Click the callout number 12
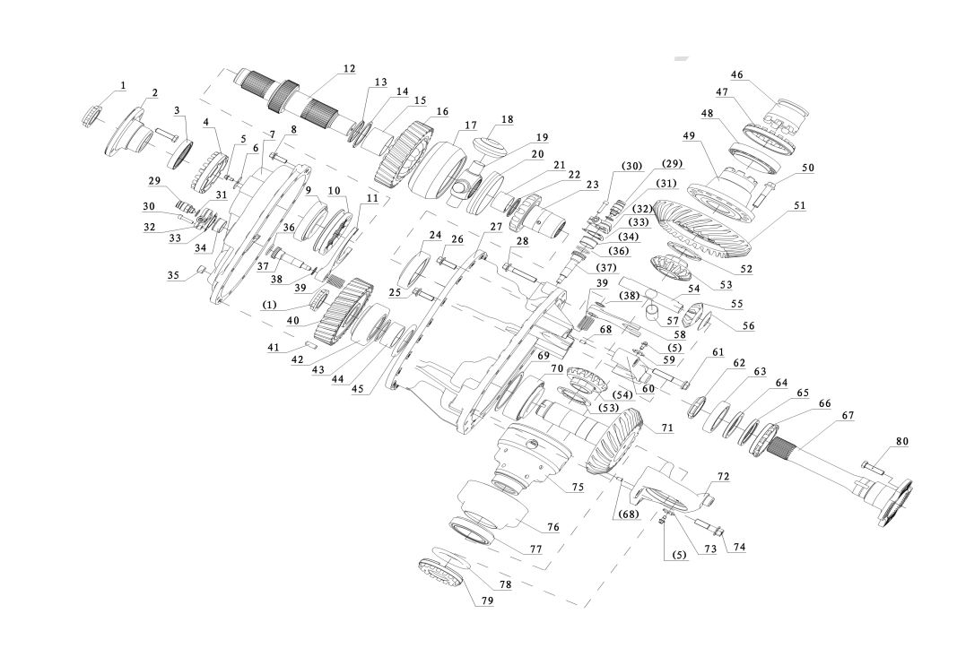tap(349, 69)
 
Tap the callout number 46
tap(736, 75)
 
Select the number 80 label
tap(901, 441)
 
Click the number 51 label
tap(799, 205)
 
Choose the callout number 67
tap(848, 416)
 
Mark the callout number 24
tap(435, 235)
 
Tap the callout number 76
tap(553, 527)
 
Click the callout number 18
tap(508, 119)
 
